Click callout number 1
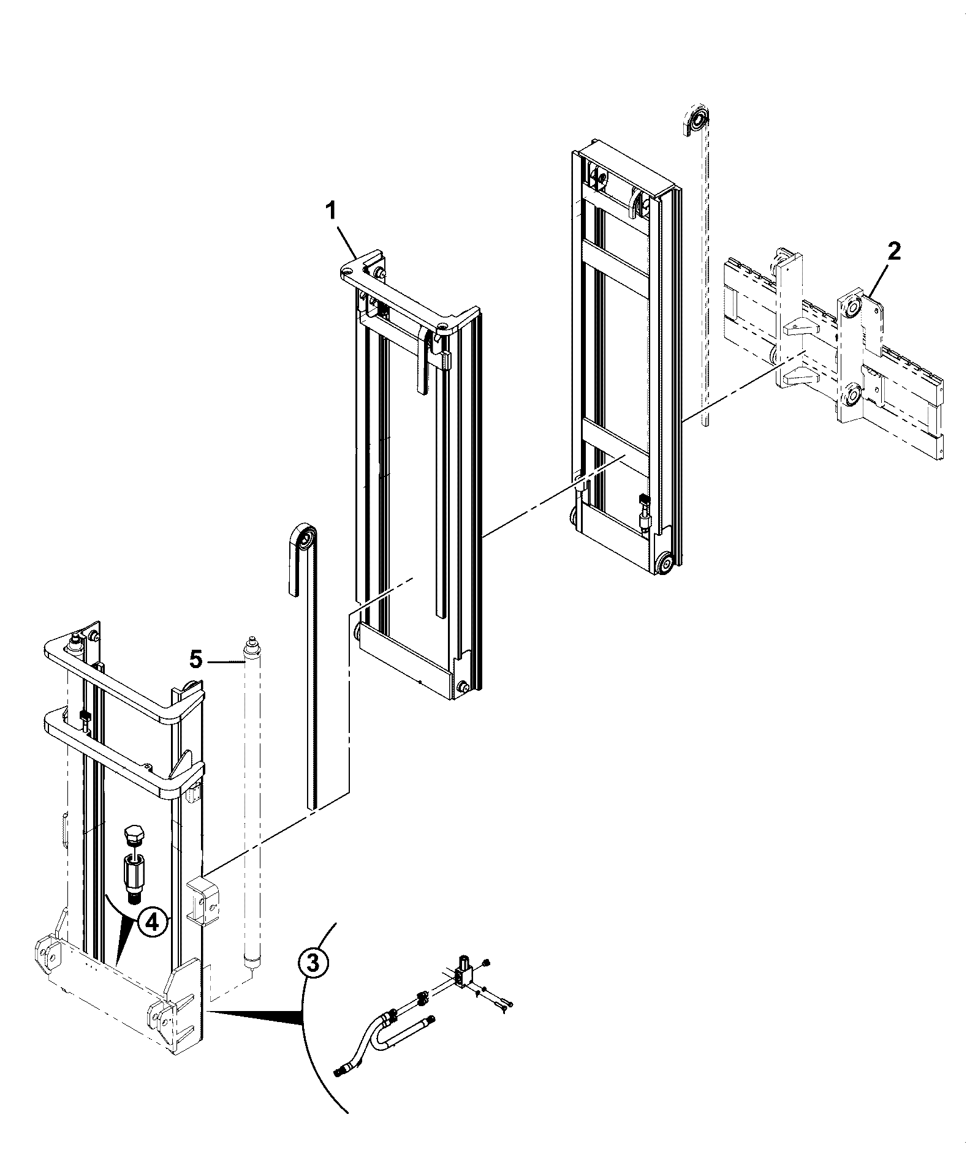tap(331, 211)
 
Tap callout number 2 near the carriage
tap(894, 251)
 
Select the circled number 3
tap(313, 964)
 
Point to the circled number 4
tap(152, 922)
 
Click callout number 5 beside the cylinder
tap(196, 660)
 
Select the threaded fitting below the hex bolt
tap(134, 874)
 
